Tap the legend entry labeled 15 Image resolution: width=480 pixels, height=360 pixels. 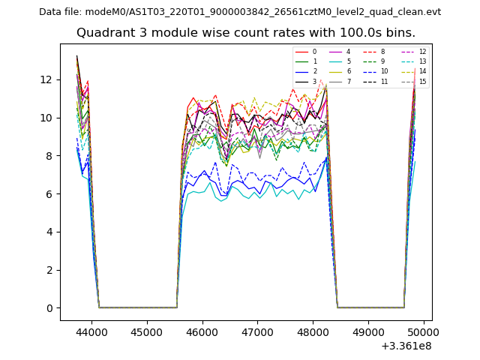coord(423,81)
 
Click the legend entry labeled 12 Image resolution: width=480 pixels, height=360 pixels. coord(423,52)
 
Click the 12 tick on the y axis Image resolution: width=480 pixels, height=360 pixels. coord(46,79)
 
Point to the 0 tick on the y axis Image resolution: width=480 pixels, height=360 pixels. coord(49,307)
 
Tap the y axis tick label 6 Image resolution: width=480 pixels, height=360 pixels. coord(49,193)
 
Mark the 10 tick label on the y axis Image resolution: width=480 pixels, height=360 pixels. coord(46,118)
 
